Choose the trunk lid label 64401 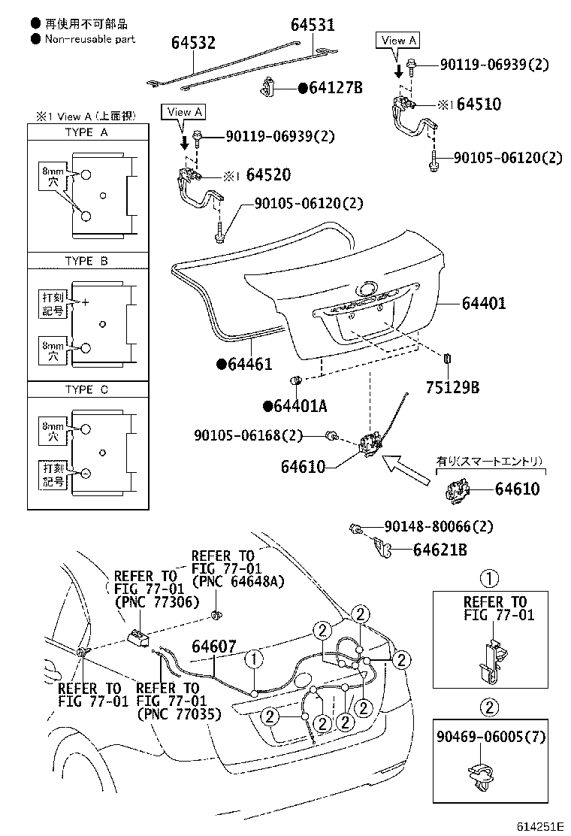click(x=484, y=304)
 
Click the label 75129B click(x=453, y=388)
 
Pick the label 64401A click(x=301, y=406)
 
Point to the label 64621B click(x=440, y=550)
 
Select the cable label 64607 click(x=213, y=647)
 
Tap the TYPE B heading click(x=86, y=261)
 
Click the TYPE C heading click(x=86, y=389)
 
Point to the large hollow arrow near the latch click(x=406, y=468)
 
